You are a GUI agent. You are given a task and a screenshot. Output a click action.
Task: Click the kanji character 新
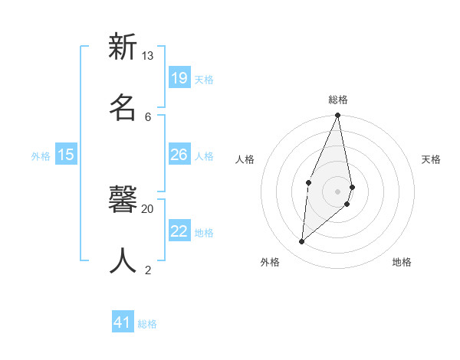point(123,47)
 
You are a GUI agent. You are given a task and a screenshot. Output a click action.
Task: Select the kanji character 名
point(123,107)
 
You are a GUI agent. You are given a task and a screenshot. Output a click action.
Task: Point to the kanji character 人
point(123,260)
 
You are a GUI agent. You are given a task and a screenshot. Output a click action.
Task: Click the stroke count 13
point(148,56)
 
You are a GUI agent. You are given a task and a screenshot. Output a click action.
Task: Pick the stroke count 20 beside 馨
point(148,208)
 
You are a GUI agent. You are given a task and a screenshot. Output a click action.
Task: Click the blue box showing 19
point(179,78)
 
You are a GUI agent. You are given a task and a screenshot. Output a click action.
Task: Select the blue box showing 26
point(179,155)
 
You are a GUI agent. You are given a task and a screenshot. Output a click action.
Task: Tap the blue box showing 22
point(179,231)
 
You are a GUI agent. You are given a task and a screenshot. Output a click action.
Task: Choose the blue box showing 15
point(66,155)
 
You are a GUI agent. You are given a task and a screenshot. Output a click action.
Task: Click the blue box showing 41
point(123,322)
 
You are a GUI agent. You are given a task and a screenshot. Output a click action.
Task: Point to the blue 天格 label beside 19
point(204,80)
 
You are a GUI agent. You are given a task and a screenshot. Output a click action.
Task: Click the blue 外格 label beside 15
point(41,156)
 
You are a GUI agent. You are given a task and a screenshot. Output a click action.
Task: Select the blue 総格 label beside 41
point(147,324)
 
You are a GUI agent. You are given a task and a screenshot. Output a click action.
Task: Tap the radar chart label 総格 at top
point(338,100)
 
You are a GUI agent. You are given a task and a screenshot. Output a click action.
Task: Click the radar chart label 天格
point(432,159)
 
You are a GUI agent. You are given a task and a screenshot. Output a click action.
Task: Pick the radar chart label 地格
point(402,262)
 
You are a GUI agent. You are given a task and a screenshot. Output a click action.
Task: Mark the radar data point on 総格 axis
point(337,116)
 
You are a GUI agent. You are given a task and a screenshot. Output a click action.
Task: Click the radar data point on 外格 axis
point(302,241)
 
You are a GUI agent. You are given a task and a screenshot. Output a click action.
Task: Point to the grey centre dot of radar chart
point(337,191)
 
